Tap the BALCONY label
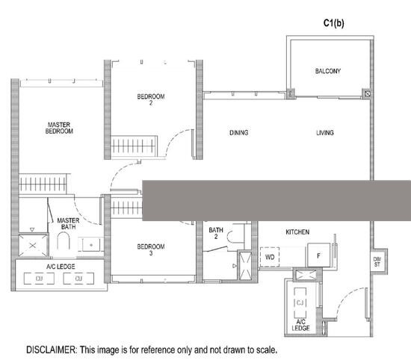pos(327,71)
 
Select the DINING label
pos(238,133)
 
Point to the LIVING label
pos(325,133)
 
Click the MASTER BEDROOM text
pos(60,128)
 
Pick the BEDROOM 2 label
pos(150,100)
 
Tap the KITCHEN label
pos(297,232)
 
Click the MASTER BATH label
pos(68,224)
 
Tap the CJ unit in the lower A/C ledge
pos(301,302)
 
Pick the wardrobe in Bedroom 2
pos(135,144)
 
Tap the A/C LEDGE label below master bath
pos(59,266)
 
